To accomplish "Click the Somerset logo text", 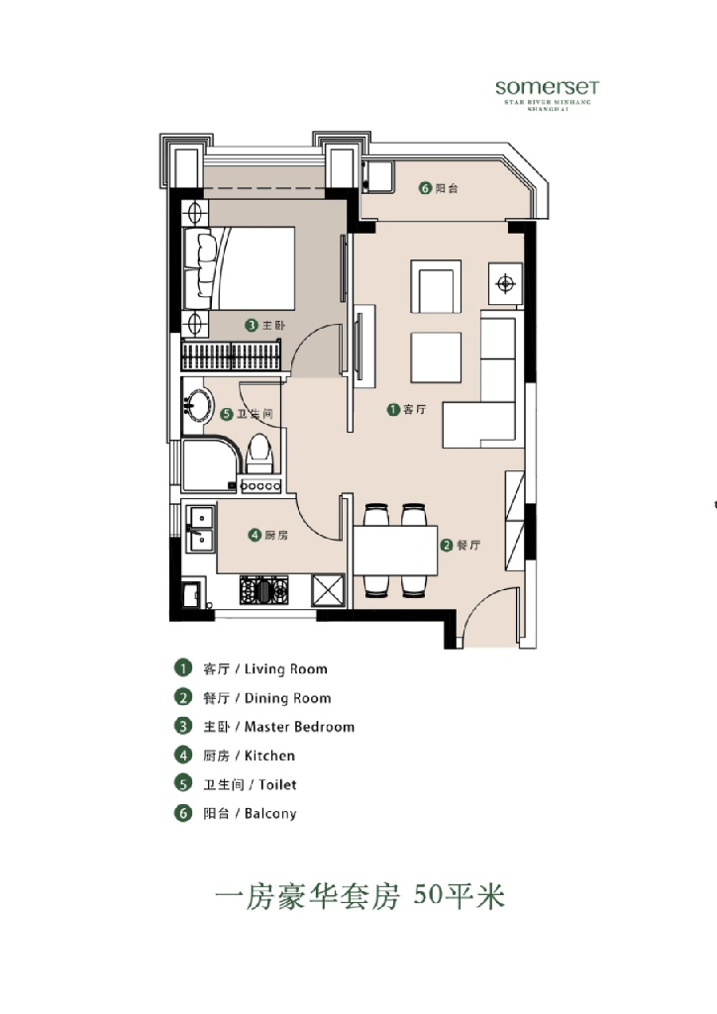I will pyautogui.click(x=547, y=87).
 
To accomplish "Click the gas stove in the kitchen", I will pyautogui.click(x=263, y=590).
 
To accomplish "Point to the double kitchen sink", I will pyautogui.click(x=199, y=526).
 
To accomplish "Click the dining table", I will pyautogui.click(x=395, y=552).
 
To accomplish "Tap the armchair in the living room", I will pyautogui.click(x=435, y=287).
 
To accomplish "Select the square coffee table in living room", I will pyautogui.click(x=436, y=356).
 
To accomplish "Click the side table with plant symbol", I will pyautogui.click(x=505, y=285).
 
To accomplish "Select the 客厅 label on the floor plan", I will pyautogui.click(x=414, y=409).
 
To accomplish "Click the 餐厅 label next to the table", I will pyautogui.click(x=468, y=545).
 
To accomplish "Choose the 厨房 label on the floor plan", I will pyautogui.click(x=275, y=536).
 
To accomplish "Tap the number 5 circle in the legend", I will pyautogui.click(x=182, y=784).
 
